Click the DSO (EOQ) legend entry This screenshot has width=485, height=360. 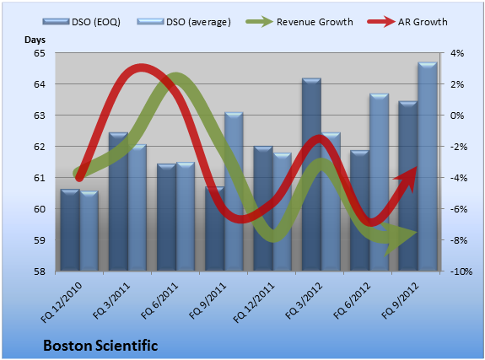point(82,22)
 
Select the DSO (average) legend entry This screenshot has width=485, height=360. point(184,22)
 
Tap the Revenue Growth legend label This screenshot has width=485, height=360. point(315,22)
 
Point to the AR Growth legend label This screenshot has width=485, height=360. point(423,22)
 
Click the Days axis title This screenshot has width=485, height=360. point(35,40)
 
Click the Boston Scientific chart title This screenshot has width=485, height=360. point(100,346)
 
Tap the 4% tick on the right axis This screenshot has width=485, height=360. point(457,53)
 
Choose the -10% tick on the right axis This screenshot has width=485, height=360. point(461,271)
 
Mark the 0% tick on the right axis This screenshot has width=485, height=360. point(457,116)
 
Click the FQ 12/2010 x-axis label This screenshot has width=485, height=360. point(62,302)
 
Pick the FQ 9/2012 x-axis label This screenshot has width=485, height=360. point(401,301)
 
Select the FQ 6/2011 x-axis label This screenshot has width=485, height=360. point(160,301)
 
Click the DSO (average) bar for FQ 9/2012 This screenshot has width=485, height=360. point(428,166)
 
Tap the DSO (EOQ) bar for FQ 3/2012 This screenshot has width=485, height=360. point(312,175)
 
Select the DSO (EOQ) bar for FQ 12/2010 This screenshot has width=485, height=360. point(70,230)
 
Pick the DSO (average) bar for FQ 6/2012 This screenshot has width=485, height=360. point(380,182)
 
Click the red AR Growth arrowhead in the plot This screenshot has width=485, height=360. point(407,179)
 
